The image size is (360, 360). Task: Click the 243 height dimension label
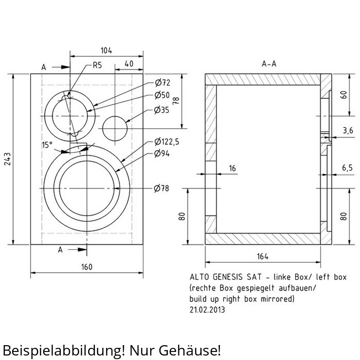[8, 159]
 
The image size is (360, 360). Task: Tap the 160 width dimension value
[87, 267]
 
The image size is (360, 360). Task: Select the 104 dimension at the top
[106, 50]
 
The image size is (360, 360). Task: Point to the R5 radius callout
[97, 65]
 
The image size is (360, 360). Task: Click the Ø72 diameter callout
[162, 82]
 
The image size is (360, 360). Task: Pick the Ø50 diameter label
[162, 95]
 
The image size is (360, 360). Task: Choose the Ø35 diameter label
[162, 110]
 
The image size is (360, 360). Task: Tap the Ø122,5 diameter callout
[166, 142]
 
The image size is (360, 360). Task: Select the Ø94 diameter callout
[162, 153]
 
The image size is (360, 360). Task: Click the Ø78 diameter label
[162, 189]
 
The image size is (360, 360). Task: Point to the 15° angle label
[47, 145]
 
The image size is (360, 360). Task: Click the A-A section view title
[269, 63]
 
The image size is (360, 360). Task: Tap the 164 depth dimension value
[263, 256]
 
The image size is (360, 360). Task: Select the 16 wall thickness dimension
[232, 168]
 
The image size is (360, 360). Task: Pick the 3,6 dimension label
[348, 130]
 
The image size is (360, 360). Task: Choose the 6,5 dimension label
[347, 168]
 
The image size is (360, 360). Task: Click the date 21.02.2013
[207, 310]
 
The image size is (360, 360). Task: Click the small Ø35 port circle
[115, 117]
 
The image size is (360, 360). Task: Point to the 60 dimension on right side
[344, 95]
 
